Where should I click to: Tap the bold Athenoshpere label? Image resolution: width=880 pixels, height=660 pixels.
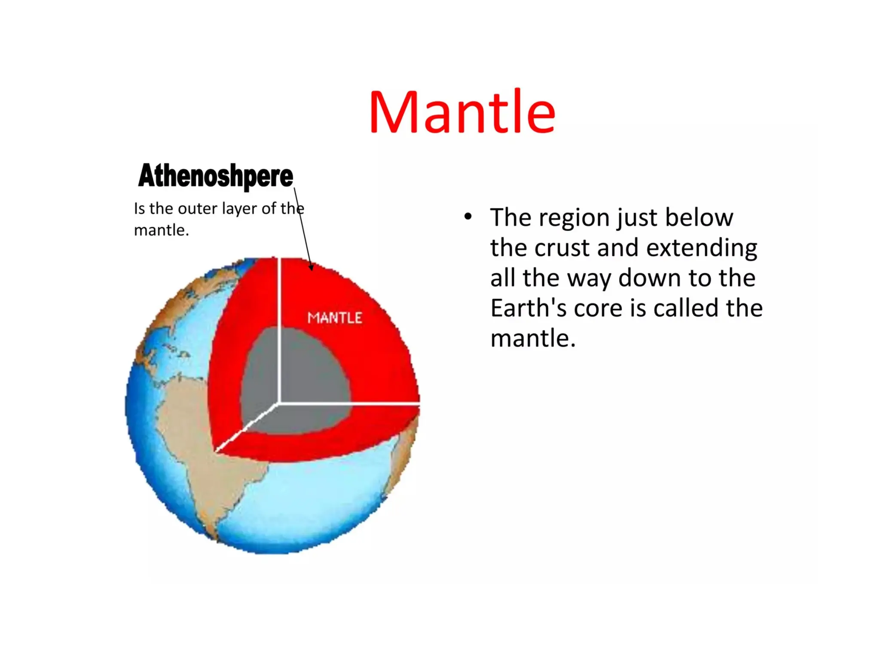[x=216, y=176]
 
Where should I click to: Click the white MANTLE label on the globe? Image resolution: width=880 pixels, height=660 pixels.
[x=335, y=318]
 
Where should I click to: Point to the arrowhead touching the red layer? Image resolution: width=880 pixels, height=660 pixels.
[x=311, y=267]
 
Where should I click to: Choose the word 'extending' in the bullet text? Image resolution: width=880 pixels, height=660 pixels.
[x=701, y=248]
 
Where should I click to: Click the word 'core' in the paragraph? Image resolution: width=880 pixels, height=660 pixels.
[x=598, y=308]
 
